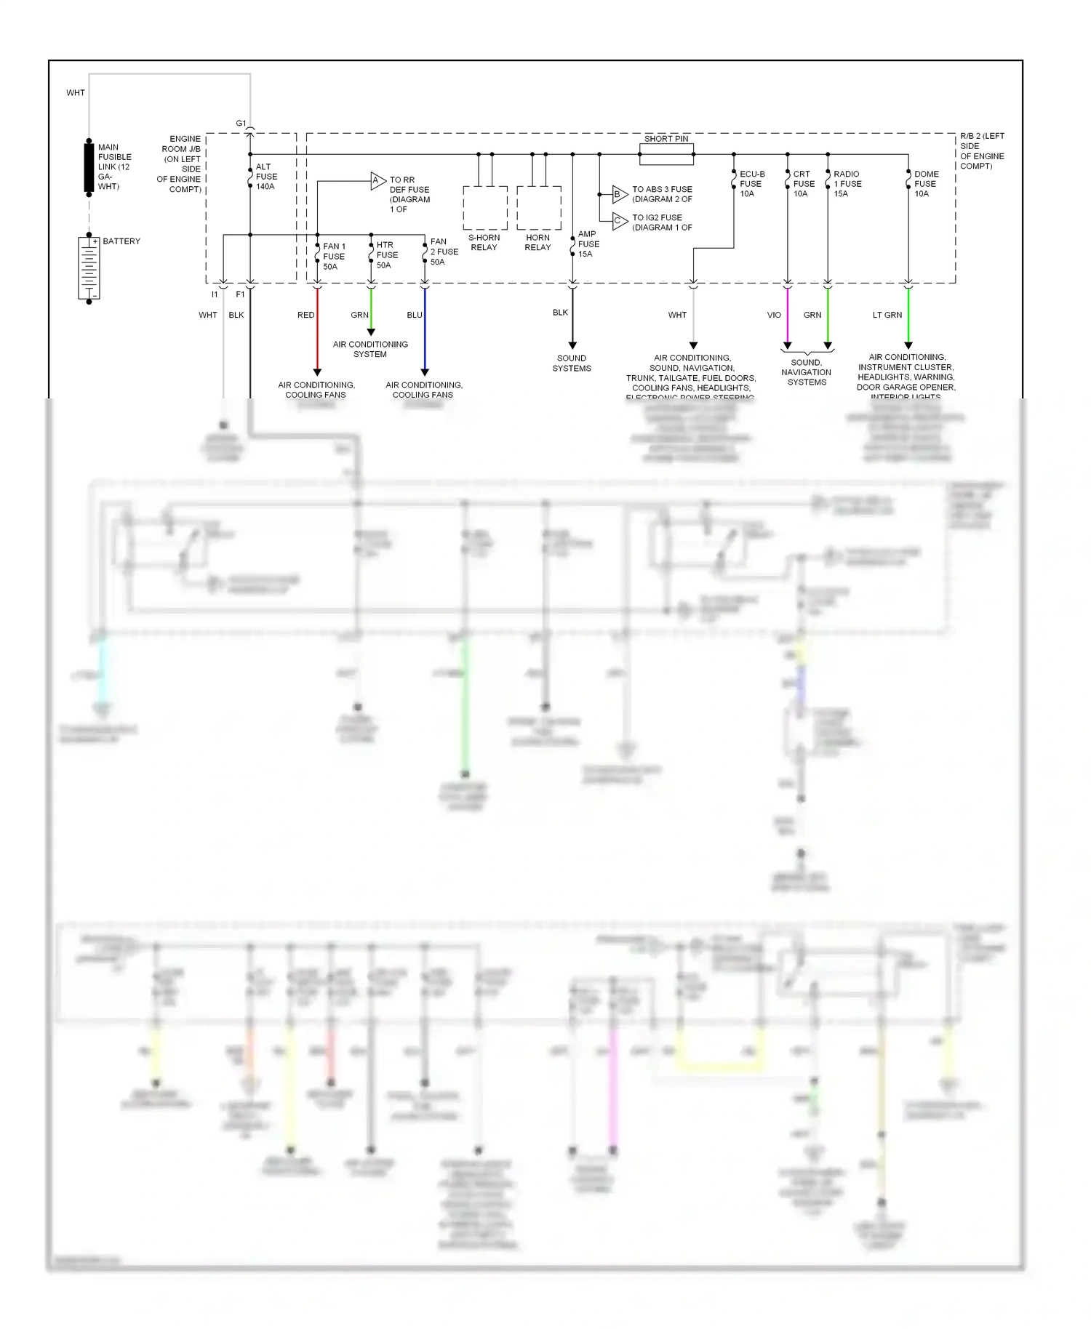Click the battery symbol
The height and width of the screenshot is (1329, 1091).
pos(89,268)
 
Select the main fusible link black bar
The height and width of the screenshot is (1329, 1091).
pos(89,167)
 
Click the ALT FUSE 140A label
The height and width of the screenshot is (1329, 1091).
pos(266,177)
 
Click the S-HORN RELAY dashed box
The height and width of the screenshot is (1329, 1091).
pos(485,208)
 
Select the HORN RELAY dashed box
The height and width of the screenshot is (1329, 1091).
pos(539,208)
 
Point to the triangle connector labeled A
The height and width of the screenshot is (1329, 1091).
pos(377,181)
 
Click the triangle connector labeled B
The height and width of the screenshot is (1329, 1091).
pos(619,194)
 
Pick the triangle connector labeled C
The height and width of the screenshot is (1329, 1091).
pos(619,221)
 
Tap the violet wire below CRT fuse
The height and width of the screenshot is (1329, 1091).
pos(787,316)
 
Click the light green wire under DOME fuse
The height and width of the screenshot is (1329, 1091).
pos(908,316)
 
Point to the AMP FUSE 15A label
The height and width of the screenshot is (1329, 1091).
pos(588,244)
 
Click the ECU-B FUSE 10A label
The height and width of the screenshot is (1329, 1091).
pos(751,184)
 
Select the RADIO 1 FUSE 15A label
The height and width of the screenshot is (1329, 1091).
pos(847,184)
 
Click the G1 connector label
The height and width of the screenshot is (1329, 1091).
pos(241,124)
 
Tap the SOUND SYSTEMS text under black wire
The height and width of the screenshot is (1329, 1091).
pos(572,364)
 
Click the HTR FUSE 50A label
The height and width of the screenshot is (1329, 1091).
pos(387,255)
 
